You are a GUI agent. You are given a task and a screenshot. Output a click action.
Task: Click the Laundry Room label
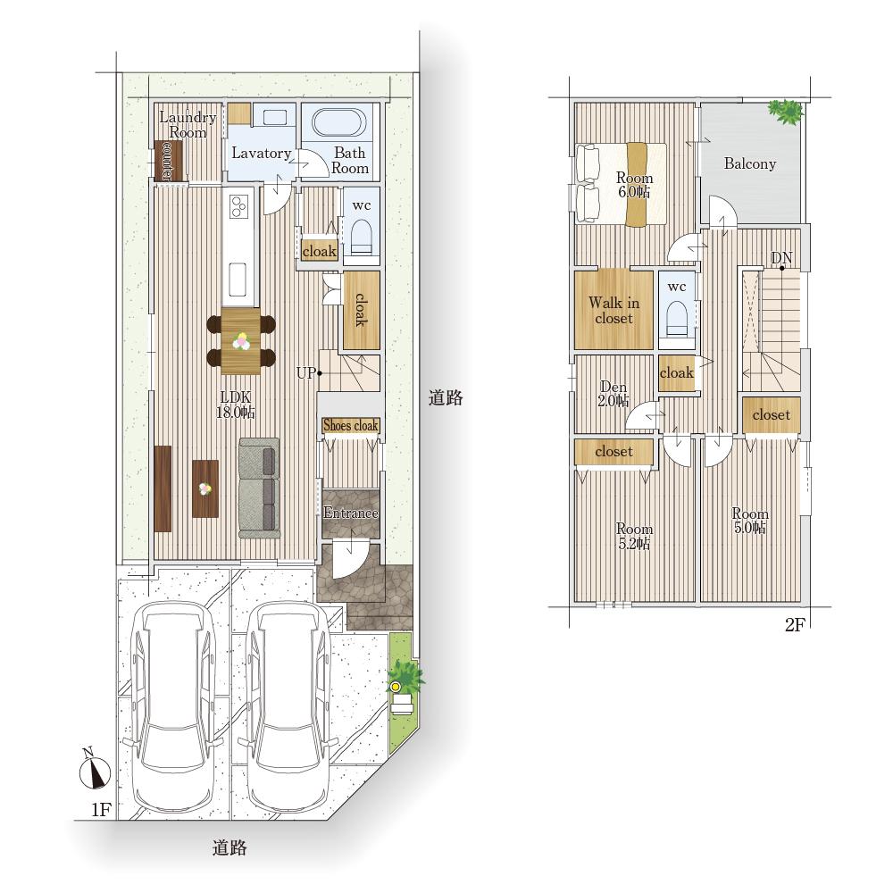188,125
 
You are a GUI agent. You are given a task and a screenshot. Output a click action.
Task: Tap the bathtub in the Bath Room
338,121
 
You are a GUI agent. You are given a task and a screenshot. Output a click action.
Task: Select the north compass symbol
94,769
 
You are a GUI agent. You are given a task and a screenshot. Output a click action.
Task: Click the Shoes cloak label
350,425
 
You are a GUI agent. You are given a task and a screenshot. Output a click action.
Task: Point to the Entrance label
350,513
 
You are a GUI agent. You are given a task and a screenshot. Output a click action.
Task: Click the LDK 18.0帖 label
235,405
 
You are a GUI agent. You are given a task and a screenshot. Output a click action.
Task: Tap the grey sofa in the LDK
260,488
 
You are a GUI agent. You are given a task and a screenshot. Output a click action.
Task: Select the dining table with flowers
241,340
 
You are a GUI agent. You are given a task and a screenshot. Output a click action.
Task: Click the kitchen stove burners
238,205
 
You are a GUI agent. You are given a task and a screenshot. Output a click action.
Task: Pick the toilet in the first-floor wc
361,237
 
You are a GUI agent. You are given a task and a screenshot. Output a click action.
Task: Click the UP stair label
305,373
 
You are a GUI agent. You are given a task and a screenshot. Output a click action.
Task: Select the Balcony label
750,164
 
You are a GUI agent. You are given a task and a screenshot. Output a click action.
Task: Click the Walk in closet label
614,311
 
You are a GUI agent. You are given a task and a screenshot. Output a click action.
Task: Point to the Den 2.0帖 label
613,394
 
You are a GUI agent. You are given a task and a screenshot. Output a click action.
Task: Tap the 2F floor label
795,625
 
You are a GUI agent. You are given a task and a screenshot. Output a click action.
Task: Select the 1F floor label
102,809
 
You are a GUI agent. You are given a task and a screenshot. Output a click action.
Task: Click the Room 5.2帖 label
634,537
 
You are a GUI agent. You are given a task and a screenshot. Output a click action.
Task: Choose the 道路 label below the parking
230,848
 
